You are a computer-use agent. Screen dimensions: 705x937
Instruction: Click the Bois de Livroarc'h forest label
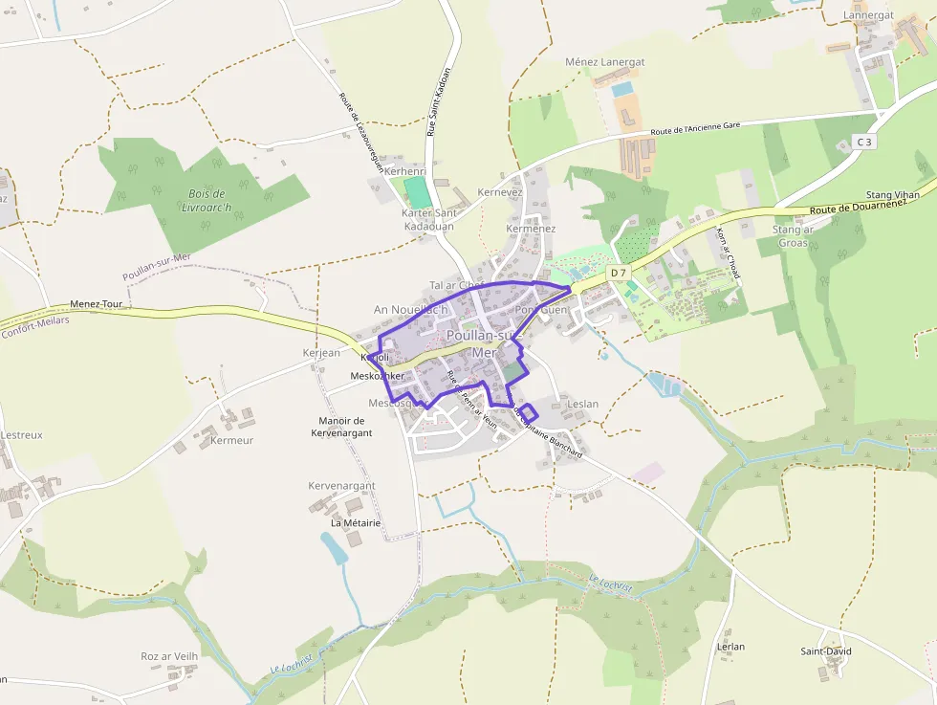tap(207, 198)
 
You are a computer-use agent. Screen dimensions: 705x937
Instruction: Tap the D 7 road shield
tap(620, 274)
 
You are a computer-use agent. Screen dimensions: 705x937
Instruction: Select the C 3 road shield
tap(864, 142)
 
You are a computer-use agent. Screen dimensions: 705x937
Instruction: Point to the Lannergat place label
tap(868, 15)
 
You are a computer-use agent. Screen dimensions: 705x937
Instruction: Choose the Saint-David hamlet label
tap(826, 651)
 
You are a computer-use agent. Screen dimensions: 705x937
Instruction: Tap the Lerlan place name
tap(730, 647)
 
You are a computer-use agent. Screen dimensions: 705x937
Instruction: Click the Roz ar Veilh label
tap(169, 656)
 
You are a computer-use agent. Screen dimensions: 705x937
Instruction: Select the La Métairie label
tap(356, 523)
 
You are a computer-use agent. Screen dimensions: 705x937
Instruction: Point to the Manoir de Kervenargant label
tap(341, 427)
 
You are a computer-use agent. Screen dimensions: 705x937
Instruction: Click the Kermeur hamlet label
tap(231, 440)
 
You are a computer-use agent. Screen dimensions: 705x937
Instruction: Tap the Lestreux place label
tap(21, 434)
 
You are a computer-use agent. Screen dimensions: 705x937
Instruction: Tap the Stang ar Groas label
tap(793, 236)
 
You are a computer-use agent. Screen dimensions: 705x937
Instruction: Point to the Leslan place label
tap(582, 404)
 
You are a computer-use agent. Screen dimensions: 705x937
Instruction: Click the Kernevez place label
tap(500, 192)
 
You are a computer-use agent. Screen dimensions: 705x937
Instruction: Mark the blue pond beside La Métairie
tap(334, 547)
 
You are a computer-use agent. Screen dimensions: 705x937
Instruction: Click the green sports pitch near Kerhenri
tap(416, 190)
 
